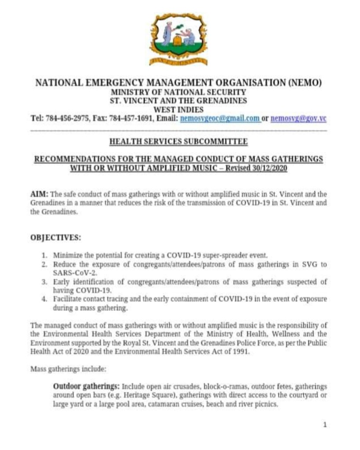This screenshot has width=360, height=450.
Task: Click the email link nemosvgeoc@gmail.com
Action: pos(220,119)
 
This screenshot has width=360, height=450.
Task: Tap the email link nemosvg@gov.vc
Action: pos(298,119)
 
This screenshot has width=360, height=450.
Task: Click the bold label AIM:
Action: pos(39,194)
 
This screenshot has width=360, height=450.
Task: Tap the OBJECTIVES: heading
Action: pos(56,238)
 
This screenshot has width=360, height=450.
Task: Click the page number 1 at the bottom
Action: pos(324,425)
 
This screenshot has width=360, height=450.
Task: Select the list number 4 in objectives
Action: pos(44,299)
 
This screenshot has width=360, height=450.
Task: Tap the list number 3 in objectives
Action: pos(44,282)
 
